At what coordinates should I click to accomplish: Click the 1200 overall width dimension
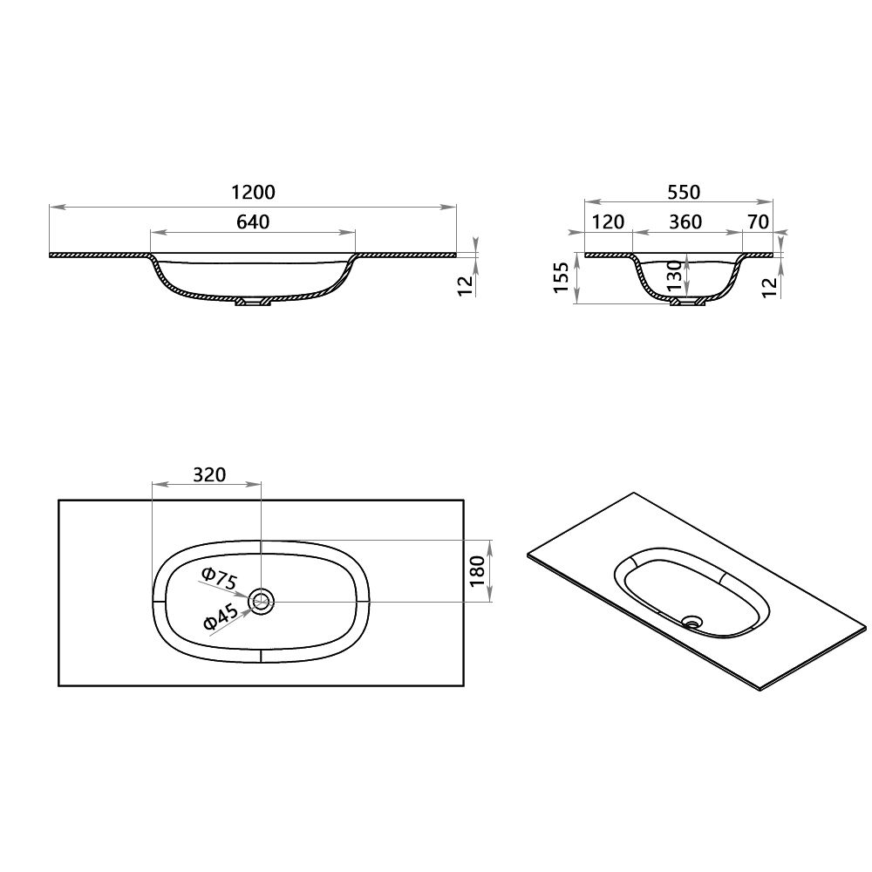point(253,193)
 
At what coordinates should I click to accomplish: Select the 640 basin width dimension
point(253,221)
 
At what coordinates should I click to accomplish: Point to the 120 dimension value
point(608,221)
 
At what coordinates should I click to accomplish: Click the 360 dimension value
point(685,221)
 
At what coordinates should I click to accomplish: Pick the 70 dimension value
point(758,221)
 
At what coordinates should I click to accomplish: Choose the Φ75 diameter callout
point(217,579)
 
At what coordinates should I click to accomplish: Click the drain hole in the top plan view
point(261,600)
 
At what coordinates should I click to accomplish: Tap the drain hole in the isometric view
point(693,622)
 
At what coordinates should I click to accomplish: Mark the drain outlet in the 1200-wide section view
point(253,303)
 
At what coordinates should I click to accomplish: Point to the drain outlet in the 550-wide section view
point(687,303)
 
